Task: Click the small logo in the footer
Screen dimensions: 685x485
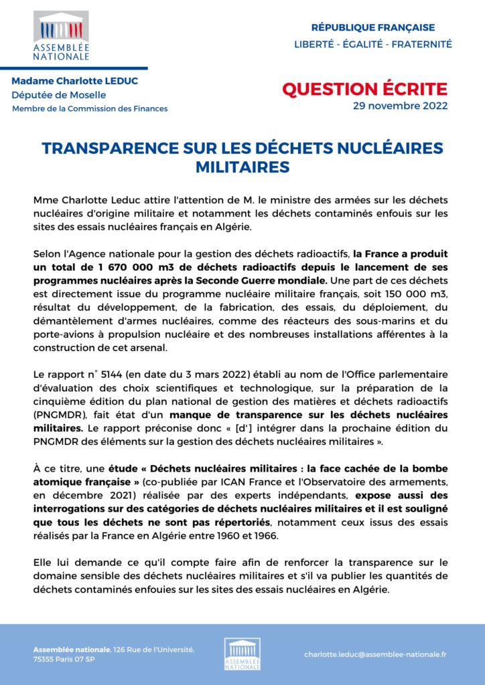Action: (x=242, y=654)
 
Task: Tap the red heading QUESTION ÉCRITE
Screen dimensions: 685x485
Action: (x=364, y=89)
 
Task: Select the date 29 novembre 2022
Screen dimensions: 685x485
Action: (x=400, y=106)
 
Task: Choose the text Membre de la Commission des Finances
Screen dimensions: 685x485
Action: (x=90, y=108)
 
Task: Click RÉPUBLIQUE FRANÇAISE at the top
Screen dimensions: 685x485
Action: (x=373, y=27)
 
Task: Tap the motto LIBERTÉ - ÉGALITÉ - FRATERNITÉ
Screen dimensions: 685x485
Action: (x=373, y=44)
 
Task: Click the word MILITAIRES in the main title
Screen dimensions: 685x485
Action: (x=242, y=167)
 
